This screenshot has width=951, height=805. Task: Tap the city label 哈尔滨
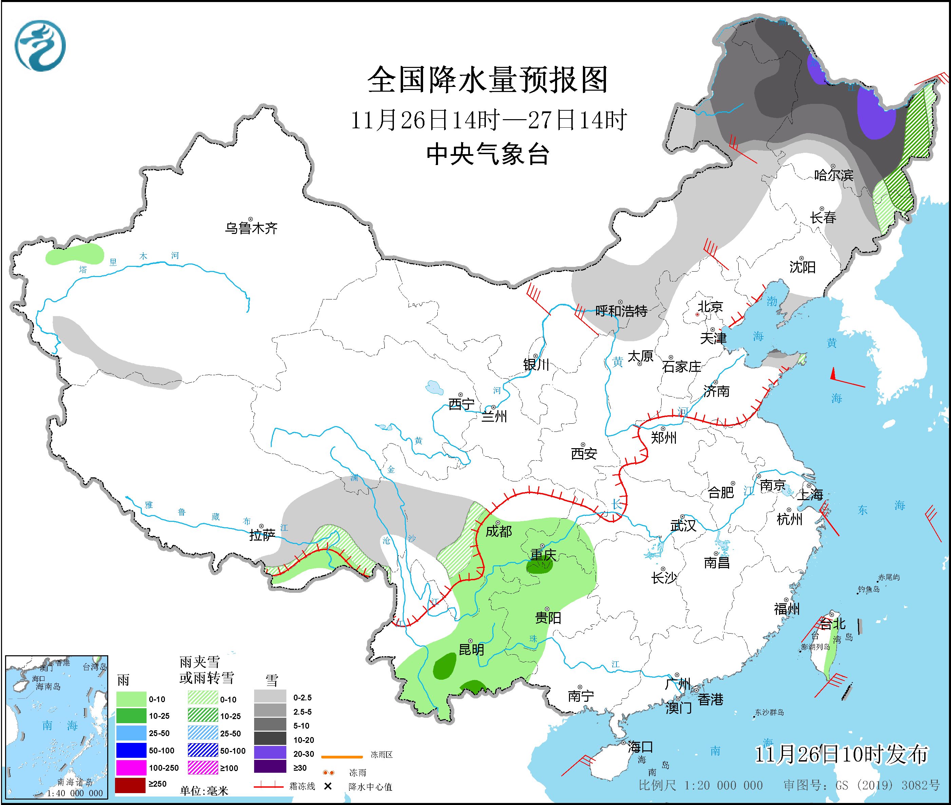click(x=833, y=175)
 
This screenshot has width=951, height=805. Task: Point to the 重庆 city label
click(x=543, y=555)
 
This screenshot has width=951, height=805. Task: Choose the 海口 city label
click(x=640, y=747)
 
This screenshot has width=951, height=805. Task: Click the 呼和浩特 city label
click(x=621, y=311)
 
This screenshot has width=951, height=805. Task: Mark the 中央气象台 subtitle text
click(x=488, y=154)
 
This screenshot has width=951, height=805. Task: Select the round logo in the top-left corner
click(x=40, y=45)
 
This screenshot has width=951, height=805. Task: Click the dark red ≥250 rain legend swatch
click(x=130, y=784)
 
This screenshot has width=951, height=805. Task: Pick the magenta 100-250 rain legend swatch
click(x=130, y=768)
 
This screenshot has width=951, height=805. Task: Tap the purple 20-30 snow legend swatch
click(x=270, y=752)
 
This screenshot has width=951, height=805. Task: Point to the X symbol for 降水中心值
click(x=327, y=786)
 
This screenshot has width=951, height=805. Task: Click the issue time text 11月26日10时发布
click(x=841, y=754)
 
